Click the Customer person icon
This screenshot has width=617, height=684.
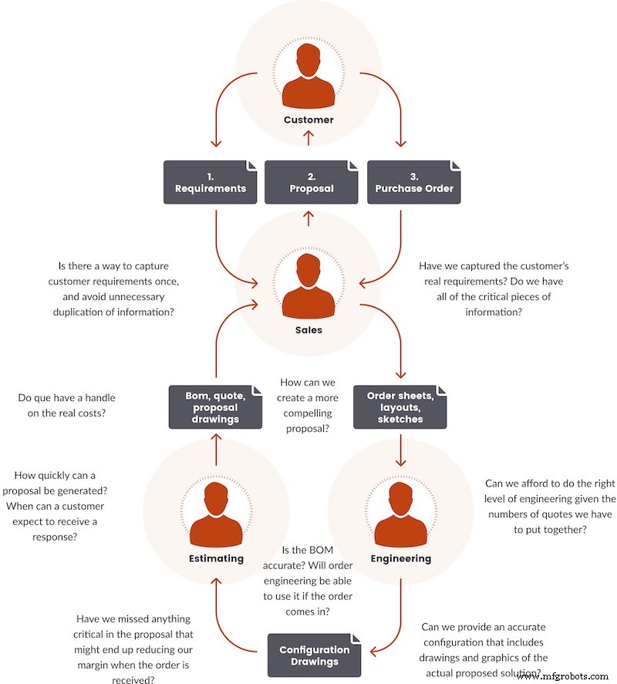click(308, 76)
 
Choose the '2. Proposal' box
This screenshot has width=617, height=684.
click(311, 182)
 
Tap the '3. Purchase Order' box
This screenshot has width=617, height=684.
click(413, 182)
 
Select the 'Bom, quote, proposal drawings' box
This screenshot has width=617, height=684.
click(215, 406)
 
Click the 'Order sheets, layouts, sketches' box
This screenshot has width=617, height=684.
click(400, 406)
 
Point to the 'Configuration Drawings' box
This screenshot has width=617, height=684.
click(314, 655)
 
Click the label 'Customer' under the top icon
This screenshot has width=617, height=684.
click(308, 120)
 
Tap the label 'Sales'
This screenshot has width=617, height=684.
click(308, 329)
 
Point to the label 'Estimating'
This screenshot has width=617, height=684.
click(216, 558)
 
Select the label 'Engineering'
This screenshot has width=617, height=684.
click(400, 558)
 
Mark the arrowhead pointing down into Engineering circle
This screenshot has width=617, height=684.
click(400, 462)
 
